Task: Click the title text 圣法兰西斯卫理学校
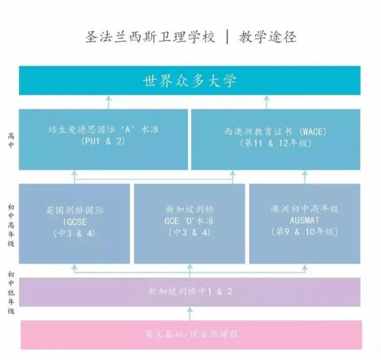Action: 150,38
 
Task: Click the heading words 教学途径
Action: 268,38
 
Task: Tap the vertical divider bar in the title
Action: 228,38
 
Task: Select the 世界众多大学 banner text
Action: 190,80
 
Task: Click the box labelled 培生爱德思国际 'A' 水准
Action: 103,140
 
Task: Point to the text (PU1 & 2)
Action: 103,141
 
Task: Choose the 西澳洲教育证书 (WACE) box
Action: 276,140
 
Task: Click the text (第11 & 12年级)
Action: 276,143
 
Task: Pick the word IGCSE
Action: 75,222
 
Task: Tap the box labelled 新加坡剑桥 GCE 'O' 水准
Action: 190,224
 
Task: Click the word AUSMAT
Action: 304,220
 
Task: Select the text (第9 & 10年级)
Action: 305,232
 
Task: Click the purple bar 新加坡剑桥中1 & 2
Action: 190,292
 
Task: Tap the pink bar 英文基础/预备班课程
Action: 191,335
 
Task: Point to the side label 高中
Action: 11,140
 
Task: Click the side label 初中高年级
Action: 11,225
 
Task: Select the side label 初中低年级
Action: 11,293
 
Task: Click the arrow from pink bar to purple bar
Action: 190,314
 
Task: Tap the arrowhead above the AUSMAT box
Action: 305,173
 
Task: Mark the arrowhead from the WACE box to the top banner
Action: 267,98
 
